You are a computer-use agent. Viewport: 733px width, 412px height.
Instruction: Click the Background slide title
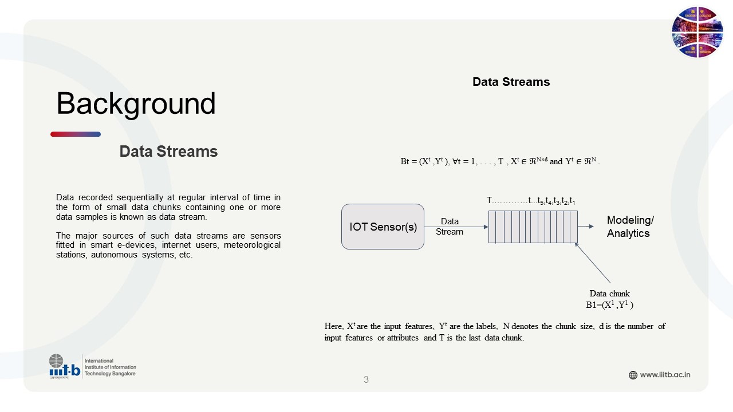point(136,104)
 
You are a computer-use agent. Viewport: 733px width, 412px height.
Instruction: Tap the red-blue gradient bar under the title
point(76,134)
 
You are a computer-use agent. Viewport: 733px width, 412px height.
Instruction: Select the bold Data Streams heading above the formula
point(511,82)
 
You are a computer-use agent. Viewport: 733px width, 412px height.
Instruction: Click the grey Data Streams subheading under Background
point(168,152)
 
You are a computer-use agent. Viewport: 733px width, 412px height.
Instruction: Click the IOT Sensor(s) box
point(383,227)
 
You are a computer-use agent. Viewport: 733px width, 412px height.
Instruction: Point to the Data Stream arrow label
point(450,226)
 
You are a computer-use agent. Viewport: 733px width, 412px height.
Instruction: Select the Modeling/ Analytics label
point(630,227)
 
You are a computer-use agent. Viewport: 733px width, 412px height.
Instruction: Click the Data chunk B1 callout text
point(610,299)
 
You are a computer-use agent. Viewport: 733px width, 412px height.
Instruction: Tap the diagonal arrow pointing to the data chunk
point(592,263)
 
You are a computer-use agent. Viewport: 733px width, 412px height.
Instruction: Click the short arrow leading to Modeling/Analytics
point(585,226)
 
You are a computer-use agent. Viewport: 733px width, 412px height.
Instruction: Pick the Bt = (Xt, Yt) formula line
point(500,161)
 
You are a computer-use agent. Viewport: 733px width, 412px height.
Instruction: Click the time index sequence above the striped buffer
point(531,200)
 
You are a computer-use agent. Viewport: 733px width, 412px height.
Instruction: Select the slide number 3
point(366,379)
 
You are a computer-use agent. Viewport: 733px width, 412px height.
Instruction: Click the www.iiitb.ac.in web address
point(665,375)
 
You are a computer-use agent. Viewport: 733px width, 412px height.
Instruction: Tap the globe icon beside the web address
point(633,375)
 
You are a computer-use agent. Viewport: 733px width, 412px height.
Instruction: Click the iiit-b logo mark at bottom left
point(65,366)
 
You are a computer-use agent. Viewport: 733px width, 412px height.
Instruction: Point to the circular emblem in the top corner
point(697,32)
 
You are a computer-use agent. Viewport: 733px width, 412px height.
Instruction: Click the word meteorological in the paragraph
point(252,245)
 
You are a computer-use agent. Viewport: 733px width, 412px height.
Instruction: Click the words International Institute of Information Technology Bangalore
point(111,367)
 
